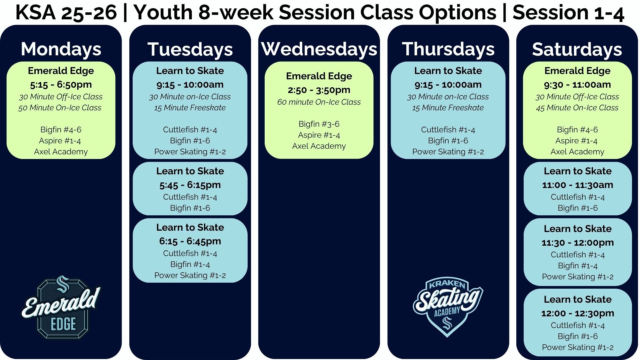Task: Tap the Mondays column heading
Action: (61, 49)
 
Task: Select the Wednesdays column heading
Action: (319, 49)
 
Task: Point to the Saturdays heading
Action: (577, 49)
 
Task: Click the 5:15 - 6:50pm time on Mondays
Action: (61, 85)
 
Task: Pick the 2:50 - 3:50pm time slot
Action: (319, 90)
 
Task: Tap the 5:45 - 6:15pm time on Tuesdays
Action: (190, 185)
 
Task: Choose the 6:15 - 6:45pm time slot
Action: (190, 241)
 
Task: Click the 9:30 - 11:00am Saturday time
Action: (577, 85)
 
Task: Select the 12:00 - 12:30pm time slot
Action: (577, 313)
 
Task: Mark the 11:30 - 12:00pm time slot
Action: (577, 243)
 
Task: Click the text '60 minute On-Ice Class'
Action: (319, 102)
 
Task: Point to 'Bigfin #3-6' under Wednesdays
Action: (319, 124)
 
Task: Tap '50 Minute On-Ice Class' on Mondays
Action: (60, 108)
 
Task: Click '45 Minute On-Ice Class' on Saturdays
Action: (577, 108)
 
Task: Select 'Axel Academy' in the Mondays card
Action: (61, 152)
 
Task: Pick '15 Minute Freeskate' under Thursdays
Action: (448, 108)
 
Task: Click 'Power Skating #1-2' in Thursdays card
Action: (448, 152)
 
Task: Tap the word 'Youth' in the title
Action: (163, 13)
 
